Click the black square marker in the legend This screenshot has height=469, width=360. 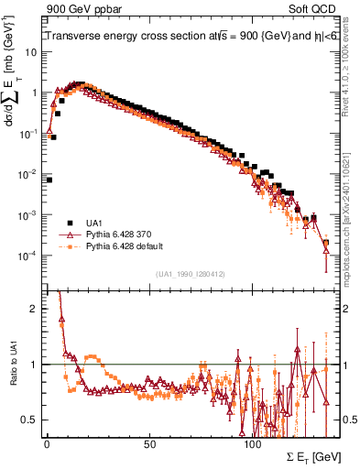pos(70,223)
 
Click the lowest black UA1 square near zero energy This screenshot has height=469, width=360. pos(49,180)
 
